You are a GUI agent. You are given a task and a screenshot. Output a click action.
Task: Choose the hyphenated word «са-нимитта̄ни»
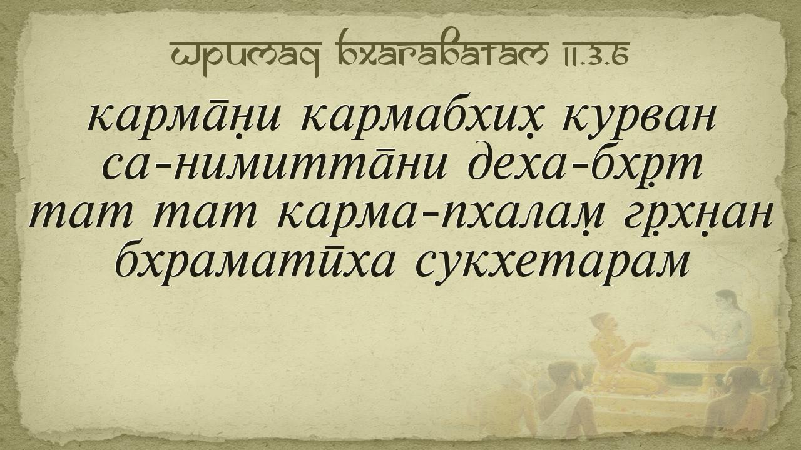point(274,167)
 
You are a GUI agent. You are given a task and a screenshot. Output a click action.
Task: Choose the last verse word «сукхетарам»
point(552,266)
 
